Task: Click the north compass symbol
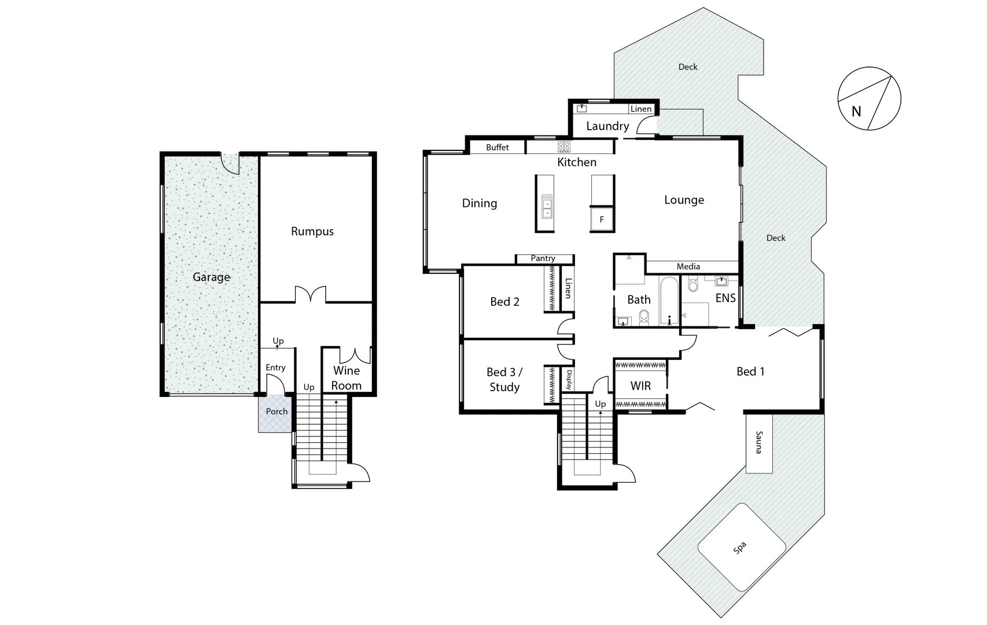tap(869, 98)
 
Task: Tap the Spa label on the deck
tap(739, 548)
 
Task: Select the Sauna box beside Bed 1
tap(758, 442)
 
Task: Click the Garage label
tap(211, 277)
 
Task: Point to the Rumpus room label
tap(312, 231)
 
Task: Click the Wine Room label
tap(346, 378)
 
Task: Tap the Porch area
tap(276, 412)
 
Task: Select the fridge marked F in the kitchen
tap(602, 219)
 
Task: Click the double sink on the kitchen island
tap(547, 206)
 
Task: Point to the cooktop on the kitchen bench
tap(564, 146)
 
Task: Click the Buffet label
tap(497, 148)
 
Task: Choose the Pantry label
tap(543, 259)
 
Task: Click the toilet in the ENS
tap(694, 285)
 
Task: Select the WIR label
tap(640, 386)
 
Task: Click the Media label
tap(688, 267)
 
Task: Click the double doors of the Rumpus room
tap(311, 294)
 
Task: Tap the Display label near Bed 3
tap(569, 380)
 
